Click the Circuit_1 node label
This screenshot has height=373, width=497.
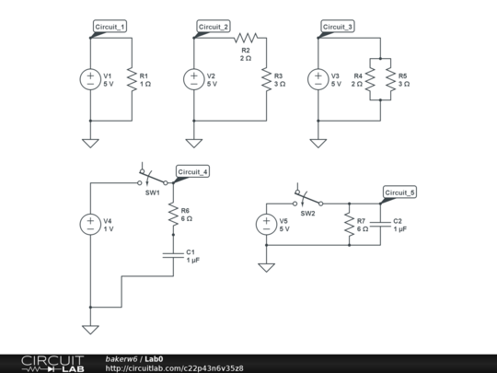[x=110, y=27]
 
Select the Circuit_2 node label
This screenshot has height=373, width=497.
[x=214, y=27]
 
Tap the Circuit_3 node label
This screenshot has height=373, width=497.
[x=338, y=27]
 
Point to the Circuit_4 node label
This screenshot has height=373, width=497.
[x=193, y=172]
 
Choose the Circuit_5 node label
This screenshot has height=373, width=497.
[x=400, y=192]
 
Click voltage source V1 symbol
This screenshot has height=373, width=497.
[x=90, y=80]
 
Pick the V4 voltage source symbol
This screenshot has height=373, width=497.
[x=90, y=224]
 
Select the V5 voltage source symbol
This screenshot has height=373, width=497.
[x=265, y=225]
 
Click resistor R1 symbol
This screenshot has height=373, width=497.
[x=132, y=80]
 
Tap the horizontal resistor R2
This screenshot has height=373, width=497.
[x=245, y=38]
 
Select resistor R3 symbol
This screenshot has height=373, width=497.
[x=265, y=80]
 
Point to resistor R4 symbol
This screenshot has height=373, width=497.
[x=371, y=80]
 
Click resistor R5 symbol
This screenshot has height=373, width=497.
[x=389, y=80]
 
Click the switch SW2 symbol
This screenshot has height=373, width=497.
[x=307, y=200]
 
